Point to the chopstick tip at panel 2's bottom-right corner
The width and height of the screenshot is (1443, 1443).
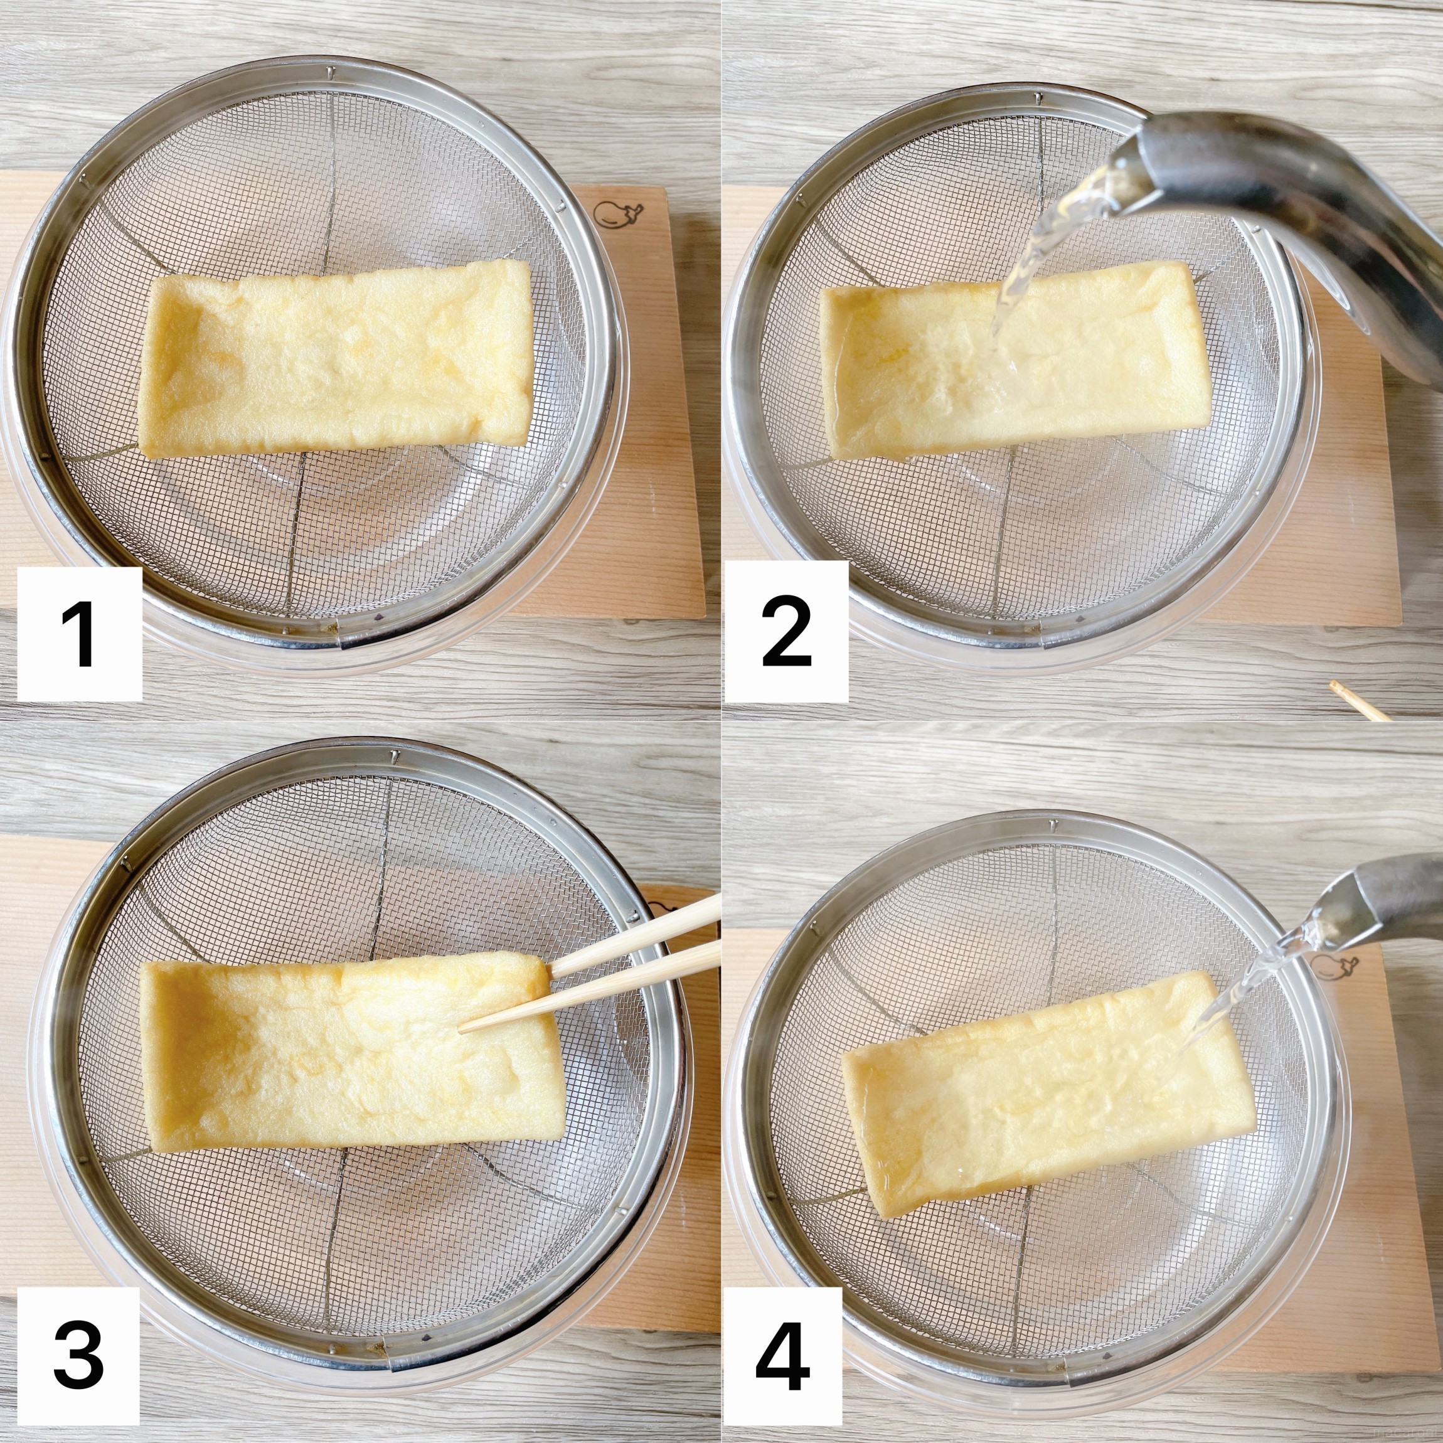click(1332, 686)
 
